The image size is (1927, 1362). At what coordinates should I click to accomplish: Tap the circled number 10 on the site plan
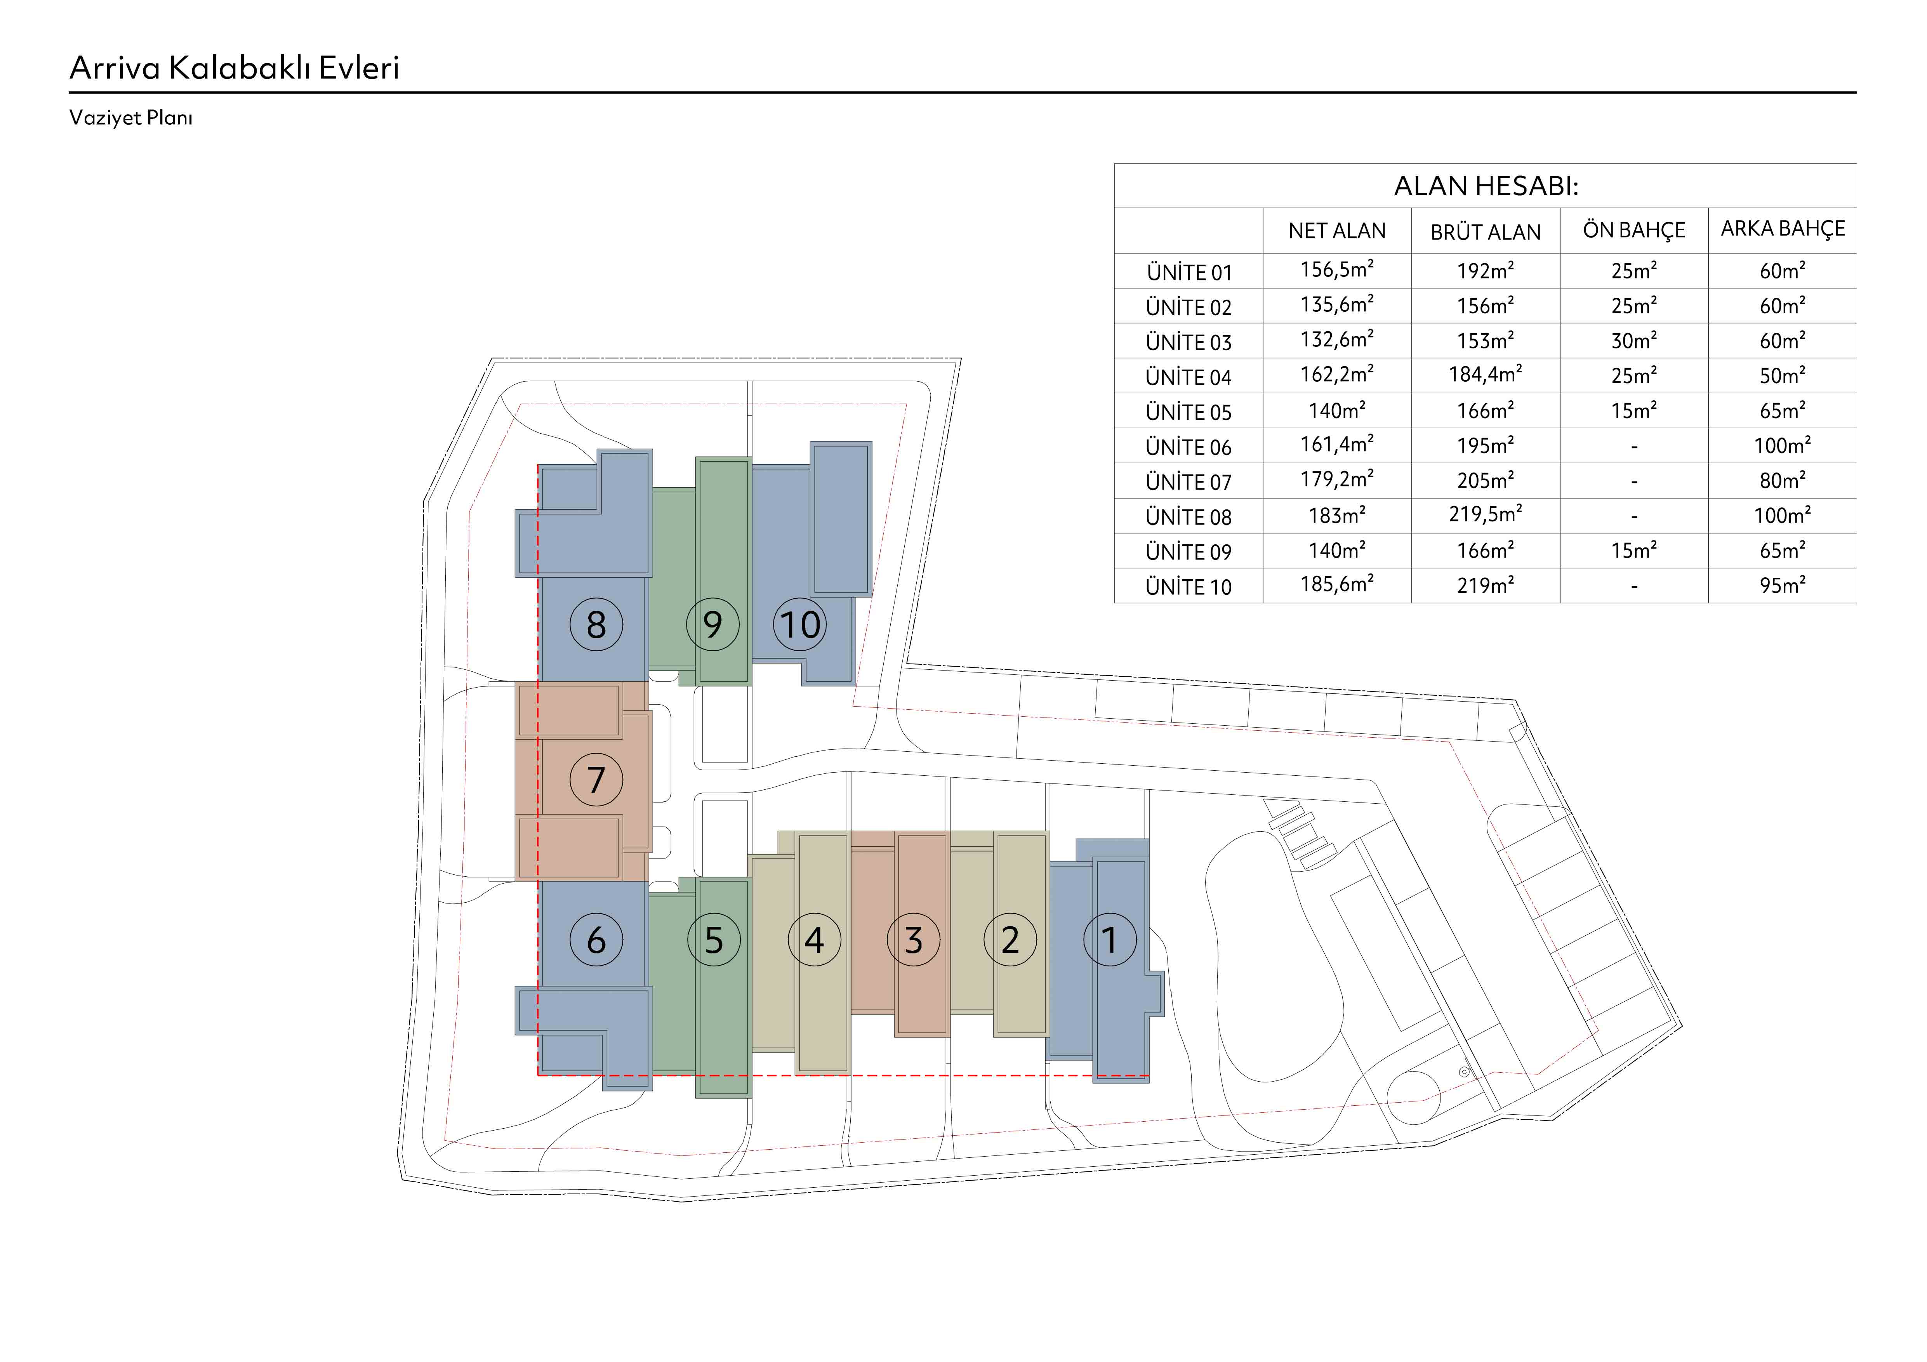[800, 624]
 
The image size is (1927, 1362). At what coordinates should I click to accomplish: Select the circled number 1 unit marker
[1110, 940]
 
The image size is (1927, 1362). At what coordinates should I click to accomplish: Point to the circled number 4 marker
[814, 940]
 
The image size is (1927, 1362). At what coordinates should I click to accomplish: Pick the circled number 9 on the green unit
[712, 624]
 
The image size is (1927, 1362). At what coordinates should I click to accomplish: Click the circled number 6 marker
[596, 940]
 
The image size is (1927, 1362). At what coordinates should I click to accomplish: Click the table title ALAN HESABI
[1486, 186]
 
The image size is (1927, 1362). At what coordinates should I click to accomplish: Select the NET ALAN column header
[1337, 231]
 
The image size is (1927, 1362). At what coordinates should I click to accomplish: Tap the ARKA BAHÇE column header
[1783, 229]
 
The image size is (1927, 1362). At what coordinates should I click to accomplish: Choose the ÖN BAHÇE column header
[1634, 230]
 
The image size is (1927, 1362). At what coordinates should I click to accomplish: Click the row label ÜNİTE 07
[1189, 482]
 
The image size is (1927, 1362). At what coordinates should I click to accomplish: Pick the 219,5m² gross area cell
[1486, 514]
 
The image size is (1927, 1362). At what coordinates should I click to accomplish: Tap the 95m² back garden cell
[1783, 585]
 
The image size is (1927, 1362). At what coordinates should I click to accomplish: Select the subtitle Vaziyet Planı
[131, 118]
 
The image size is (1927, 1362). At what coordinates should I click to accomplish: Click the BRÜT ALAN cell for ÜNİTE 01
[1486, 270]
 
